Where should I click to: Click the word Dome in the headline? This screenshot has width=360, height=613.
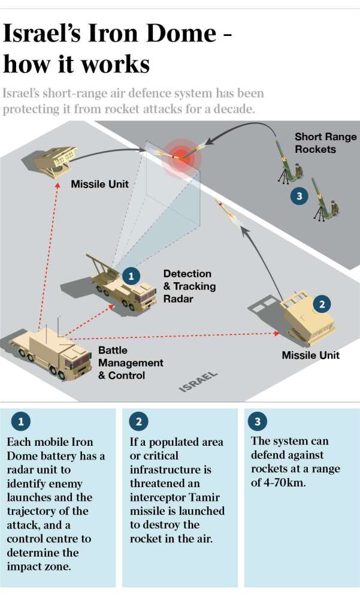click(x=180, y=34)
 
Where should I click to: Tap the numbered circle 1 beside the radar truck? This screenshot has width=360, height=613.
click(x=131, y=276)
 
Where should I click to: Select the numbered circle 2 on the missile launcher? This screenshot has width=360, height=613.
click(x=322, y=304)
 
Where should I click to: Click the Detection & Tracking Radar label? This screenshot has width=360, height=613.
click(x=189, y=286)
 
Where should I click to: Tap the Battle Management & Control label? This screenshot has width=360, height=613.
click(x=131, y=363)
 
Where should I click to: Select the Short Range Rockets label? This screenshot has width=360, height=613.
click(x=325, y=143)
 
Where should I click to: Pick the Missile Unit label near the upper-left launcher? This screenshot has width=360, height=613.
click(x=100, y=184)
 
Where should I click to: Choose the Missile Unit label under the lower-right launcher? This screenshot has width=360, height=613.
click(x=310, y=355)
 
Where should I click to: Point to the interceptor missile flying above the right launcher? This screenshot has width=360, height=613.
click(x=228, y=213)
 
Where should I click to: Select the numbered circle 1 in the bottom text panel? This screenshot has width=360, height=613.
click(x=21, y=422)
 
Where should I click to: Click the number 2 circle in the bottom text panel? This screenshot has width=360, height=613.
click(x=138, y=422)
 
